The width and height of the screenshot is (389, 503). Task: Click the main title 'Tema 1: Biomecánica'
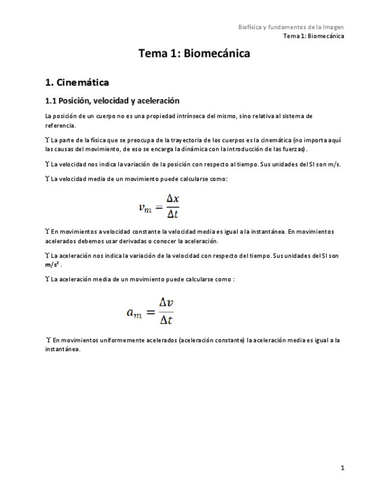[194, 54]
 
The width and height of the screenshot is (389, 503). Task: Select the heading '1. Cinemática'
[77, 82]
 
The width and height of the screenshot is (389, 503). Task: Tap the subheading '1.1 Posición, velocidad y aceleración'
[112, 101]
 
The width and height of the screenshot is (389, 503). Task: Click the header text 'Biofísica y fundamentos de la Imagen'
[291, 27]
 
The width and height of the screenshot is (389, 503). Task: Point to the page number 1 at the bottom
[343, 468]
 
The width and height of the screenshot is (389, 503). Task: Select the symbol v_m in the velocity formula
[144, 207]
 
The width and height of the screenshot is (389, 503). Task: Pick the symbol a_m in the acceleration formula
[134, 311]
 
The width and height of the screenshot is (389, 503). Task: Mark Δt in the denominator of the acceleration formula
[167, 320]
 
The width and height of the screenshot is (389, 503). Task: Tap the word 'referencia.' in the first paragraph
[61, 126]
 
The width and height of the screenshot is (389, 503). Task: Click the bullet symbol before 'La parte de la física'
[48, 140]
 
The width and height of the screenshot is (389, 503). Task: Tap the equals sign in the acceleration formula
[151, 311]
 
